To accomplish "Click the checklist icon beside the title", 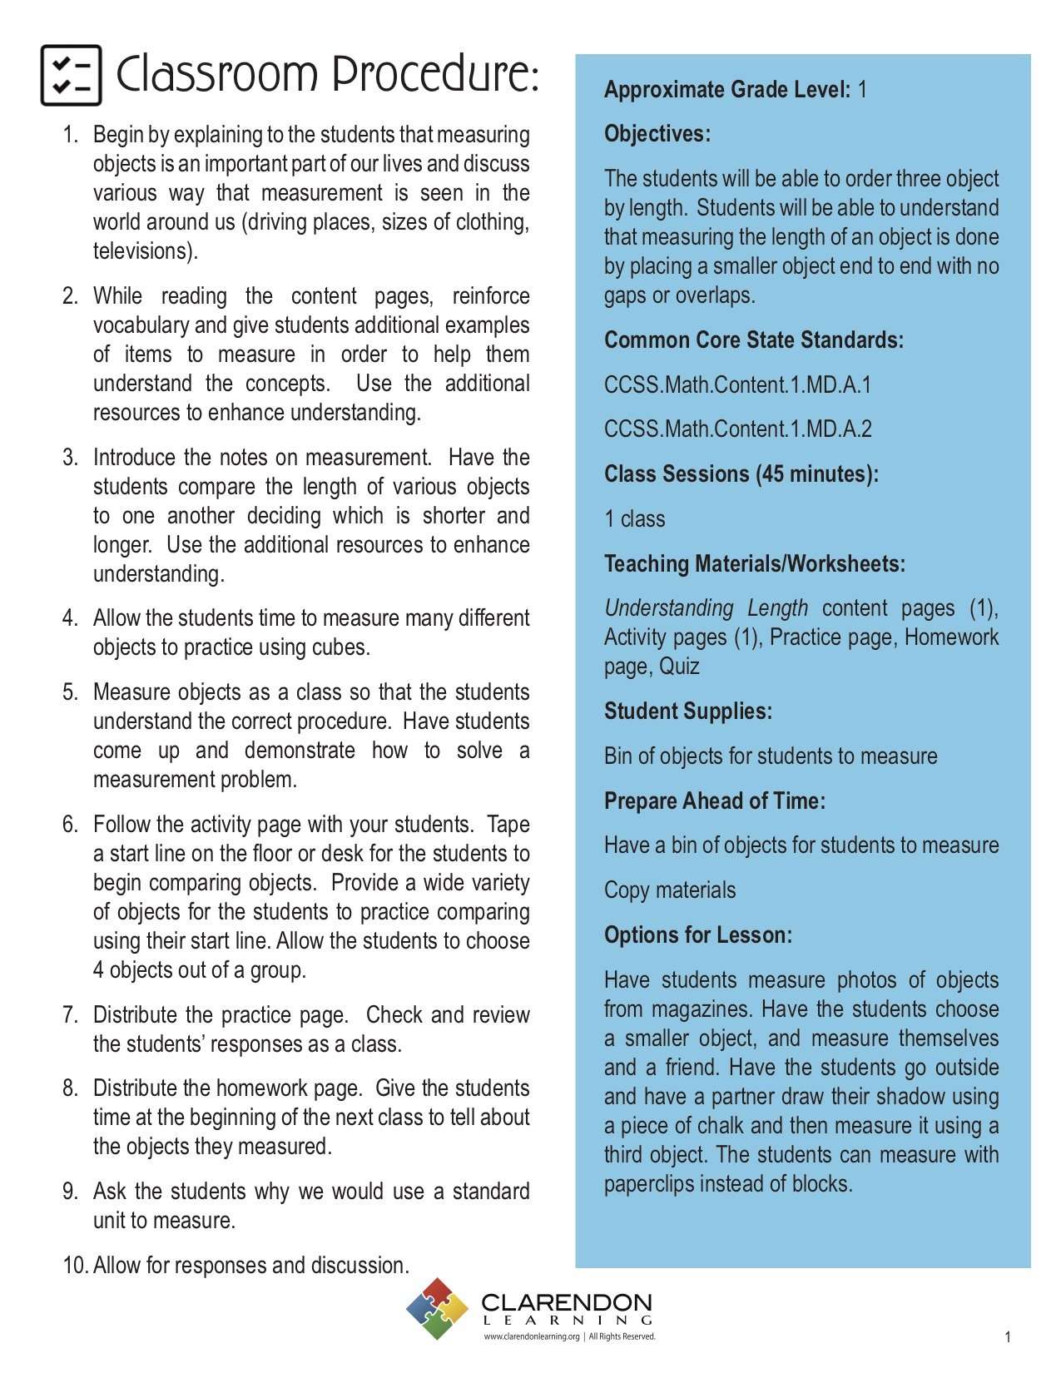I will click(x=71, y=76).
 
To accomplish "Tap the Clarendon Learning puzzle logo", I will click(x=437, y=1309).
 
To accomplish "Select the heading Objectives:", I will click(x=657, y=134).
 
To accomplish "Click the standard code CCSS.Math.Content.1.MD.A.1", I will click(x=737, y=384).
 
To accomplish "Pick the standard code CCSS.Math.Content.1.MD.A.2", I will click(x=737, y=429).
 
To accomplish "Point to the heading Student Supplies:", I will click(x=688, y=711).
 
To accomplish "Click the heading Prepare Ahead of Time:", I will click(x=714, y=801).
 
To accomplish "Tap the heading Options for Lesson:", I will click(x=697, y=935).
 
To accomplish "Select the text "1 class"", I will click(x=634, y=519).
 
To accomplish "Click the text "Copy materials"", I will click(x=670, y=890).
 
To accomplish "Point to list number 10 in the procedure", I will click(x=75, y=1266).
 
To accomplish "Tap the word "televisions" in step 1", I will click(x=142, y=251).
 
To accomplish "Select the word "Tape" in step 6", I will click(x=508, y=825).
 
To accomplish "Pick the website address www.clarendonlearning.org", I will click(x=532, y=1337).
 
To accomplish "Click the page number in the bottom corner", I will click(x=1008, y=1337).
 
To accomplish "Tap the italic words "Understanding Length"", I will click(x=706, y=608).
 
